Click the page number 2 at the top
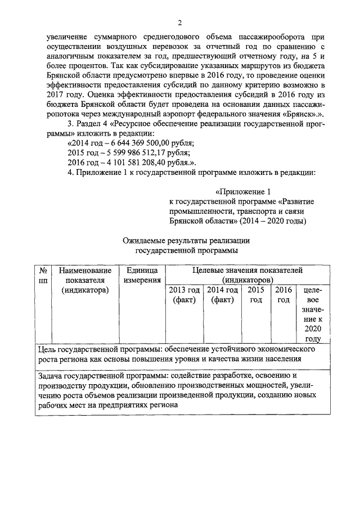179,22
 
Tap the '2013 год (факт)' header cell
184,295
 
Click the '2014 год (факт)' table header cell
223,295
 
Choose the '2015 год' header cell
256,295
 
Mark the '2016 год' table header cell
284,295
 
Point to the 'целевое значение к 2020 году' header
312,314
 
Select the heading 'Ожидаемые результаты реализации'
186,240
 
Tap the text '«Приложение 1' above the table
246,191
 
